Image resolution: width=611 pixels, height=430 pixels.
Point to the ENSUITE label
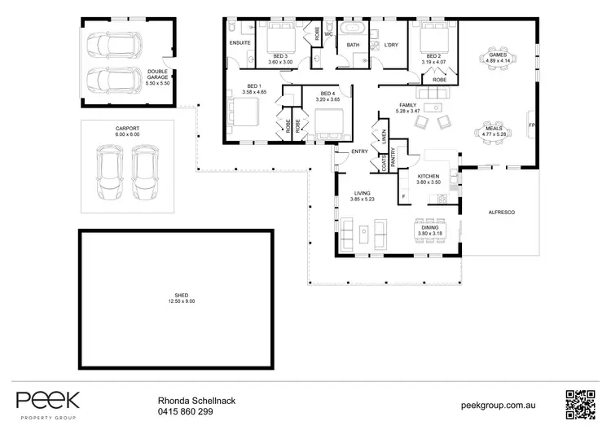pyautogui.click(x=240, y=42)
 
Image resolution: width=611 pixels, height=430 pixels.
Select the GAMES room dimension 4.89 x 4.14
pyautogui.click(x=498, y=60)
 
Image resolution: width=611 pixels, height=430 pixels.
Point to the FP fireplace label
pyautogui.click(x=531, y=125)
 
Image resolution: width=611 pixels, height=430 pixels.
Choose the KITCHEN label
pyautogui.click(x=429, y=177)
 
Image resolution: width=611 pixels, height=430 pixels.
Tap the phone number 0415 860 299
pyautogui.click(x=186, y=412)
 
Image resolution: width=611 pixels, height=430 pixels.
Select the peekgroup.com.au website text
pyautogui.click(x=497, y=403)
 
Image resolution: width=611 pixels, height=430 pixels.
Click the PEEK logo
pyautogui.click(x=48, y=401)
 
